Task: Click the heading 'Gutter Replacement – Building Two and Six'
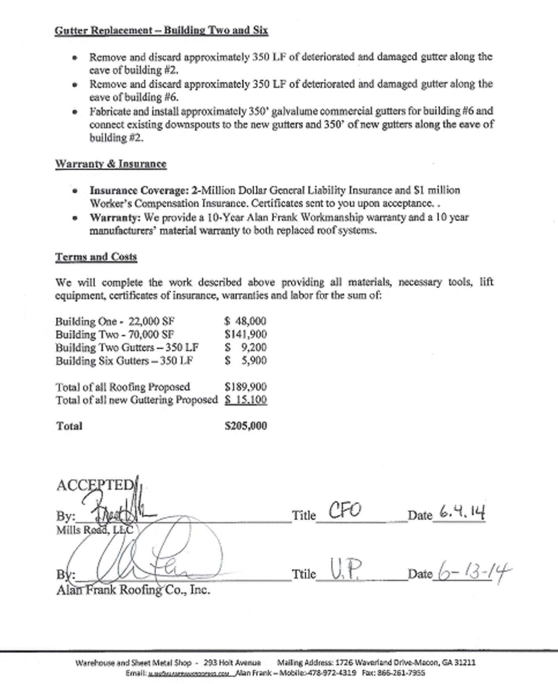161,30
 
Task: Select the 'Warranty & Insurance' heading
111,164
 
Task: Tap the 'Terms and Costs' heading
96,257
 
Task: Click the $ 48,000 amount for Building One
245,321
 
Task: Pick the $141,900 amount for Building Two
245,334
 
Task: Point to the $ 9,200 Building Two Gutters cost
245,347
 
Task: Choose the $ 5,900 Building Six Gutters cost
245,361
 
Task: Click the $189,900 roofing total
245,387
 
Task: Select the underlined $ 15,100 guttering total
245,400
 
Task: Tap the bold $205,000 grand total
245,426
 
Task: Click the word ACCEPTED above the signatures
95,485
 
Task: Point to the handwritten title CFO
344,511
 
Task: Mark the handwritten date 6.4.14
462,512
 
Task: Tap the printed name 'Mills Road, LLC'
94,530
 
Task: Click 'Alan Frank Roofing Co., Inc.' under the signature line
133,590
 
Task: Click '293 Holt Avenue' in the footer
232,663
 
